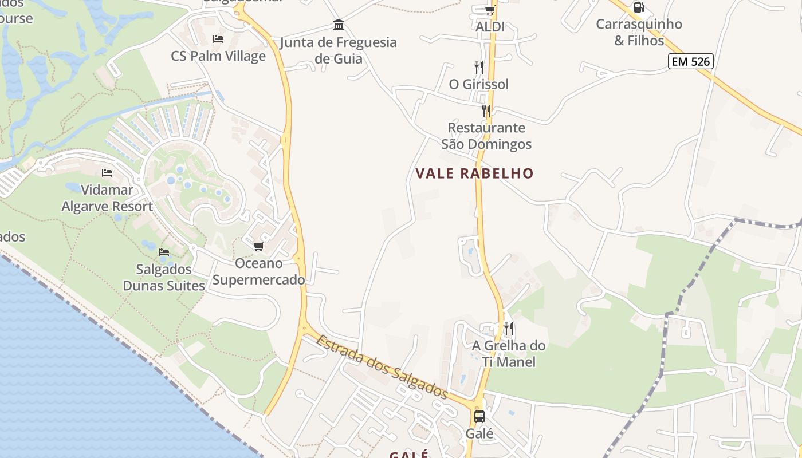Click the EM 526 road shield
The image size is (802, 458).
point(690,61)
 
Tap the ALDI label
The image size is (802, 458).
point(490,27)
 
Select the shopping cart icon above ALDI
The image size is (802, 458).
point(490,10)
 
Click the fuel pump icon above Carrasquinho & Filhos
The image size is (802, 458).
point(639,7)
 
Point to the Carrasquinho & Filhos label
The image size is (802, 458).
point(639,32)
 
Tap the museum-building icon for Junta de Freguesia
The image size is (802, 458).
point(339,25)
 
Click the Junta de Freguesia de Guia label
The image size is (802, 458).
point(338,50)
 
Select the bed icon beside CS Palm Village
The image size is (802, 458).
point(218,39)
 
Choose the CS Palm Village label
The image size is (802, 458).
point(218,56)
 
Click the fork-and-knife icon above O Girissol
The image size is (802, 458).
point(479,67)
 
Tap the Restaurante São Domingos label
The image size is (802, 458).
point(486,136)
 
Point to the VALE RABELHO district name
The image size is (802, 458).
point(474,173)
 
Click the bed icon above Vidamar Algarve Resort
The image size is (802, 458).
point(107,172)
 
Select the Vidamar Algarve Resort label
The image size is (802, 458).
point(107,198)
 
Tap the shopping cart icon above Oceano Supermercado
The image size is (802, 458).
point(258,246)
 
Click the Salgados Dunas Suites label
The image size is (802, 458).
point(164,277)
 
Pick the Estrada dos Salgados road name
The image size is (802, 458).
point(382,367)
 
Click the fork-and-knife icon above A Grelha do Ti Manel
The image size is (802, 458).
point(508,328)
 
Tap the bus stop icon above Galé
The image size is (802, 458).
point(479,417)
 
